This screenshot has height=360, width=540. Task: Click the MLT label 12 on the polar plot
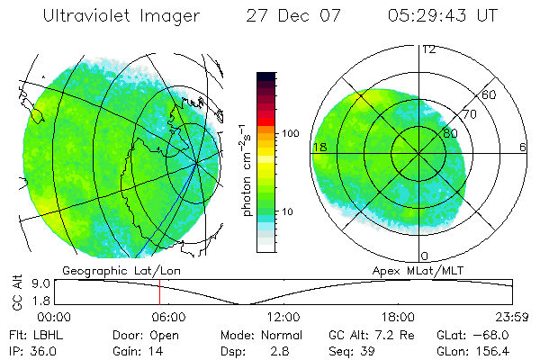click(x=428, y=49)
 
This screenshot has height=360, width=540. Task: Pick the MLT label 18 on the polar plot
click(x=319, y=147)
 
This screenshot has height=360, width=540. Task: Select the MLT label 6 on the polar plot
click(x=522, y=147)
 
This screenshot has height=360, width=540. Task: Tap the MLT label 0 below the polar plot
click(x=424, y=256)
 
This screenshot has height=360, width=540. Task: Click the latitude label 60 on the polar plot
click(x=489, y=94)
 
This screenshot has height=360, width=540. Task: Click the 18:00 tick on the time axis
click(x=397, y=317)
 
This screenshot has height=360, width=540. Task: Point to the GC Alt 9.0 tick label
click(x=40, y=283)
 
